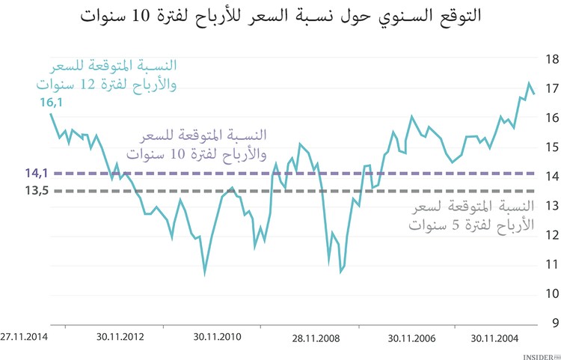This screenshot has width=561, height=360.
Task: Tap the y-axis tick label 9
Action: pos(552,323)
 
